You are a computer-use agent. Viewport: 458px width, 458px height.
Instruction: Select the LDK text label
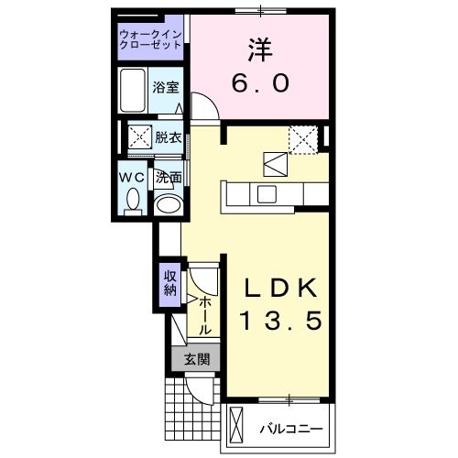pos(280,289)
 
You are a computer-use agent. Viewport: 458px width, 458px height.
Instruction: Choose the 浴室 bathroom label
pos(167,88)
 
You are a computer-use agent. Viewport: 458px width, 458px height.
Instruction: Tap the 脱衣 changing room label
pos(168,138)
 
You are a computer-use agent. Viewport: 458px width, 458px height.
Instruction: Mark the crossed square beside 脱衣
pos(138,138)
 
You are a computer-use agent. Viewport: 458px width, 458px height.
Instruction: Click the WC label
pos(129,177)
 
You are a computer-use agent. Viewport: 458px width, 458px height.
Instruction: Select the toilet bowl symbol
pos(134,199)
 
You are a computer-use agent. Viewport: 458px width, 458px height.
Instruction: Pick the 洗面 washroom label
pos(167,177)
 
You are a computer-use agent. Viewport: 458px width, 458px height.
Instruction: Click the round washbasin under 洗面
pos(167,203)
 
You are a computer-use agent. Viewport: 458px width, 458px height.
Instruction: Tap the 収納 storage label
pos(169,284)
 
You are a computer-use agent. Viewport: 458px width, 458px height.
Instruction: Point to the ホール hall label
pos(205,315)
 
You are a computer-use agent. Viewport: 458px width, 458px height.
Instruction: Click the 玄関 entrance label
pos(195,358)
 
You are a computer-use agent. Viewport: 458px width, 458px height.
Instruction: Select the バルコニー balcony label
pos(290,428)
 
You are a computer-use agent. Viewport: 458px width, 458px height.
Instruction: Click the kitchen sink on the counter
pos(267,194)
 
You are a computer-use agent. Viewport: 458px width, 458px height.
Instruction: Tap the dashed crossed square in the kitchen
pos(303,138)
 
